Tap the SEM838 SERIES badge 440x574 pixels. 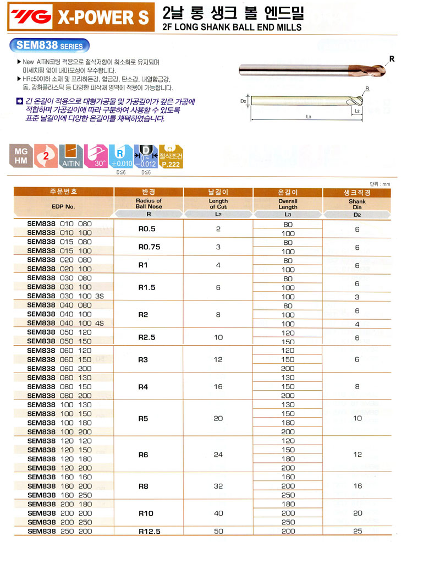[50, 46]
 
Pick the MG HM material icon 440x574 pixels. [21, 155]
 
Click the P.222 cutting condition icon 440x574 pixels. [171, 155]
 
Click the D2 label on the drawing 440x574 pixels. [243, 101]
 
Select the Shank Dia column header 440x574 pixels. [357, 204]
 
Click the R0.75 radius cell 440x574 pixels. [148, 247]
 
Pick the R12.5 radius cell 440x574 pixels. [148, 532]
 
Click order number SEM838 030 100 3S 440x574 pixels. [65, 296]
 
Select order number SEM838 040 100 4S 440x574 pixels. [65, 323]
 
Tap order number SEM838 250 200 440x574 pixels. [59, 532]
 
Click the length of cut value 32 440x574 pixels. [218, 486]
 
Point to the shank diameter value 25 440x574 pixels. [357, 532]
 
